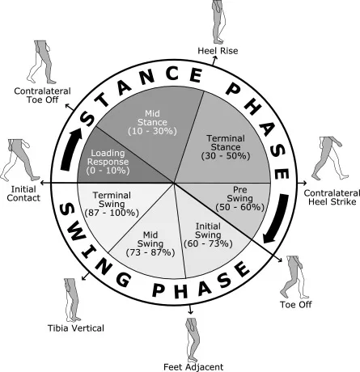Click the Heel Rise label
click(x=217, y=52)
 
